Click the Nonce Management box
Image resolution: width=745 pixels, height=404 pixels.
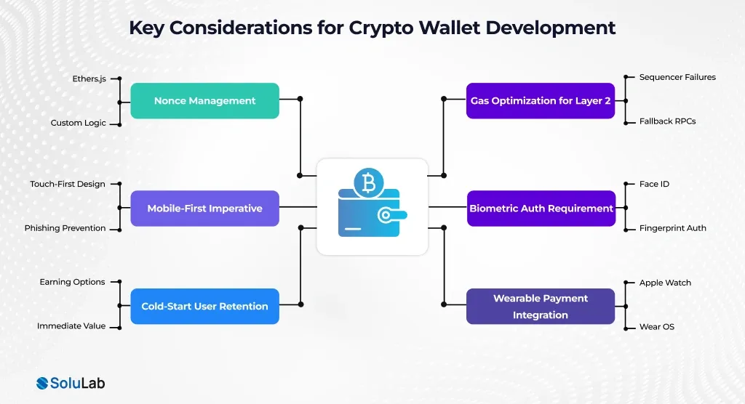pos(204,101)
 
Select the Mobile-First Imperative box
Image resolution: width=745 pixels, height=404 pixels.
pos(204,209)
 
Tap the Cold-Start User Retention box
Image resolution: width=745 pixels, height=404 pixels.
pos(204,306)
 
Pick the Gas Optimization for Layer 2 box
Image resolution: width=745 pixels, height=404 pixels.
pos(541,101)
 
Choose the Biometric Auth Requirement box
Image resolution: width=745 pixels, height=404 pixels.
pos(541,209)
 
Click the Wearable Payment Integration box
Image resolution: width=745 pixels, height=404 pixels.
pos(541,306)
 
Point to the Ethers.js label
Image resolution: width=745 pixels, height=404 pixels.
pos(89,78)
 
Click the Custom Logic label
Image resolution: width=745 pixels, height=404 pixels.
pos(78,123)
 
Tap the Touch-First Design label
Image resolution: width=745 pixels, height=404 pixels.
pos(68,184)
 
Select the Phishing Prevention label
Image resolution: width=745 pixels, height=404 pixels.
pos(65,228)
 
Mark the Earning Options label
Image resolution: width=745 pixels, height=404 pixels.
pos(72,282)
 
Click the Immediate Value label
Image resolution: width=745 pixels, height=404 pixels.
pos(71,326)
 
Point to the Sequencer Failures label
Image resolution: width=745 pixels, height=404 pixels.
pos(677,77)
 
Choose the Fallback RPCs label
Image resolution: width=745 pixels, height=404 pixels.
pos(667,121)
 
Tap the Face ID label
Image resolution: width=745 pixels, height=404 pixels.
pos(654,184)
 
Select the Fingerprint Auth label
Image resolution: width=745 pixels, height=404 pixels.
pos(672,228)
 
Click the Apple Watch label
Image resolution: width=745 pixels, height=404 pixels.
pos(665,283)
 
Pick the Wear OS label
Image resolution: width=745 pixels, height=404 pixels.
pos(656,327)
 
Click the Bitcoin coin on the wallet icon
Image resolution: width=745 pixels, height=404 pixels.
pos(369,183)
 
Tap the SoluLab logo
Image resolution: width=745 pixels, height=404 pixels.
pos(71,383)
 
